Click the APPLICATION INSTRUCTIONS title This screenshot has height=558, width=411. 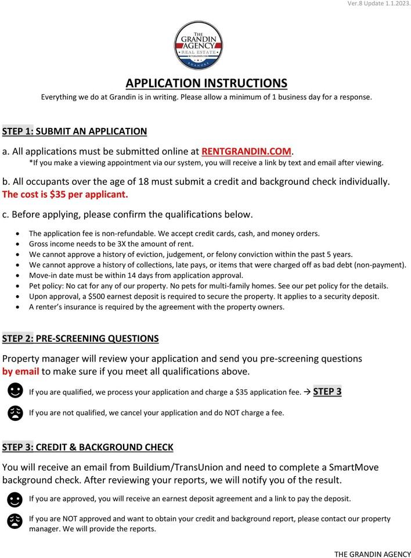pyautogui.click(x=206, y=83)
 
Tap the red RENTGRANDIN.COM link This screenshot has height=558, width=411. pyautogui.click(x=247, y=151)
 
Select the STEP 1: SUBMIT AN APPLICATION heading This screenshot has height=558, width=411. pyautogui.click(x=74, y=131)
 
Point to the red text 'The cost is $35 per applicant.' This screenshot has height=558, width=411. pyautogui.click(x=65, y=194)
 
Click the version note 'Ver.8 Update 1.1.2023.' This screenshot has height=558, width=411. pyautogui.click(x=379, y=4)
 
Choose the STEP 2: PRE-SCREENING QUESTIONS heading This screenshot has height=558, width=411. pyautogui.click(x=80, y=338)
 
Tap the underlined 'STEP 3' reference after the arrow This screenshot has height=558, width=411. pyautogui.click(x=327, y=391)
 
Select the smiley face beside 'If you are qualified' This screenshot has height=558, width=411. pyautogui.click(x=15, y=392)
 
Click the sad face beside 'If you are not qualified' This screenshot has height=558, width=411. pyautogui.click(x=15, y=413)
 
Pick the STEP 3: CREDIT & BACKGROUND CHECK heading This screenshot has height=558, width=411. pyautogui.click(x=88, y=447)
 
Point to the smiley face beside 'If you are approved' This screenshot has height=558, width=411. pyautogui.click(x=15, y=499)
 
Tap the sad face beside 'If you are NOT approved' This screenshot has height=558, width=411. pyautogui.click(x=15, y=521)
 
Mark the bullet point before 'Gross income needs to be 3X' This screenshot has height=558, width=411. pyautogui.click(x=21, y=244)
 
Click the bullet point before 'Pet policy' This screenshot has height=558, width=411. pyautogui.click(x=21, y=286)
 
